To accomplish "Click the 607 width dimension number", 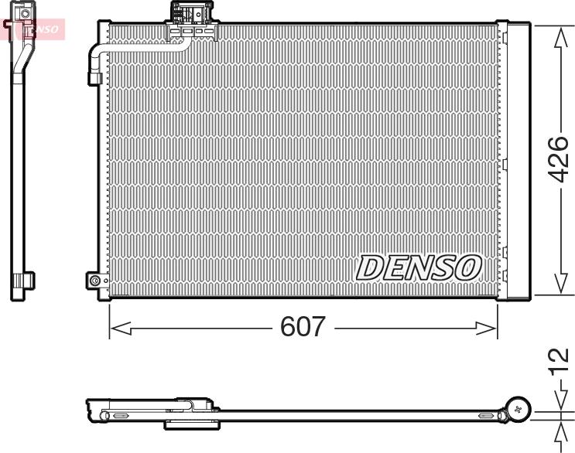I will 303,327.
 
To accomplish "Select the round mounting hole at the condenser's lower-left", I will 95,281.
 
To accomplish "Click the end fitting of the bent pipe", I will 94,77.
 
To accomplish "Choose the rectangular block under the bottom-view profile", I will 192,424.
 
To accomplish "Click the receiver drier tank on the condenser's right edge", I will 516,158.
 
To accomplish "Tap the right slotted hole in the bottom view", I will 488,416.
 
